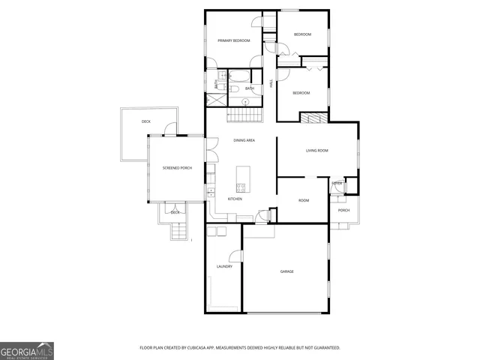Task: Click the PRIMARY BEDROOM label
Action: tap(233, 40)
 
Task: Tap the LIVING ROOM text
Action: tap(316, 151)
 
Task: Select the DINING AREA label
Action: tap(244, 140)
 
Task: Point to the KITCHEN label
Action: tap(235, 199)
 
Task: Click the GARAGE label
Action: tap(286, 271)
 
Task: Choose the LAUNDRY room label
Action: tap(224, 266)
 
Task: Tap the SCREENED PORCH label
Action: tap(177, 168)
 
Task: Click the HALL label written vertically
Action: tap(271, 85)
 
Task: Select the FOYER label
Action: tap(337, 183)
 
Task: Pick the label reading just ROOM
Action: tap(304, 200)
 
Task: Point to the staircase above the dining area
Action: tap(246, 115)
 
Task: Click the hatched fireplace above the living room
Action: tap(313, 118)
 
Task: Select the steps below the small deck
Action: tap(178, 232)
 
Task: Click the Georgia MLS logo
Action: tap(27, 350)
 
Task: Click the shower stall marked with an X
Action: tap(211, 98)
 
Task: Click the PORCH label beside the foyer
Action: tap(343, 210)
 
